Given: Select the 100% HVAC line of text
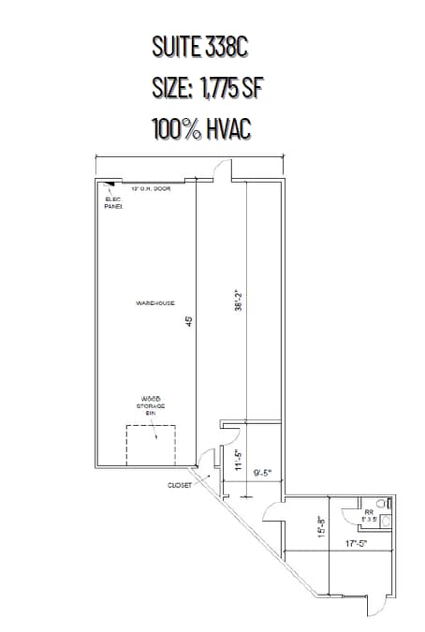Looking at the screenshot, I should click(199, 128).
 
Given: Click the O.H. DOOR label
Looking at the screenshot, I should click(150, 189).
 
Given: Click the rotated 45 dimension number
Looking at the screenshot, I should click(189, 321).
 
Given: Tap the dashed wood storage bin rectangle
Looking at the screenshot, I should click(151, 444).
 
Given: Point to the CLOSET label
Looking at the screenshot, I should click(180, 486).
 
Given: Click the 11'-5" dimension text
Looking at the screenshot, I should click(239, 462).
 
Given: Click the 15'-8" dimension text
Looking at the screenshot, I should click(321, 527).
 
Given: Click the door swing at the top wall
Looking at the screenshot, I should click(222, 169).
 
